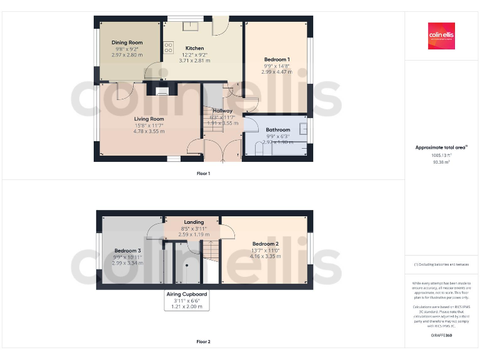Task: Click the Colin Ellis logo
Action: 441,36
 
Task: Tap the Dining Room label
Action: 127,42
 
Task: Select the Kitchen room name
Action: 194,48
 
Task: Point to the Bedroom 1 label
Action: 276,59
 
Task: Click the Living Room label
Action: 149,119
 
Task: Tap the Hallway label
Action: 222,111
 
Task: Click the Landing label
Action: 194,222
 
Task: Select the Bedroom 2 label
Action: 265,244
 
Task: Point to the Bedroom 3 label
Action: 127,250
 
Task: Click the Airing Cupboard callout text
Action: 186,294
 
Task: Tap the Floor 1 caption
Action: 203,173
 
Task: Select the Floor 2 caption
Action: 203,342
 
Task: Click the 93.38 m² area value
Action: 441,162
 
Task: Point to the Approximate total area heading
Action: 441,147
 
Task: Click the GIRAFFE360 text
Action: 441,336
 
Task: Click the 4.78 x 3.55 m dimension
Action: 149,131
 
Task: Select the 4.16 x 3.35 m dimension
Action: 265,256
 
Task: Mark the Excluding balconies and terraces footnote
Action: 441,264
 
